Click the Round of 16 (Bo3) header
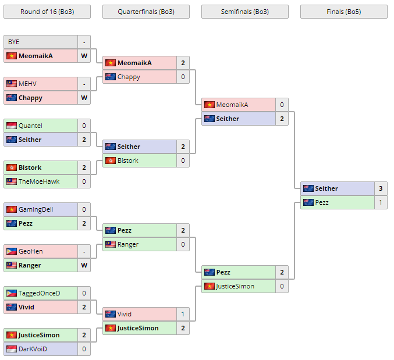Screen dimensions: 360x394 tap(47, 12)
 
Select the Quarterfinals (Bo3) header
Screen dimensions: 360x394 tap(145, 12)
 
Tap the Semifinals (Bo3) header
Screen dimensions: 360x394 tap(244, 12)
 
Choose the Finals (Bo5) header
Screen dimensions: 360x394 tap(343, 12)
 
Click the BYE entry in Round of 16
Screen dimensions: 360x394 tap(13, 42)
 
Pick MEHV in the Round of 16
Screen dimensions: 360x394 tap(27, 84)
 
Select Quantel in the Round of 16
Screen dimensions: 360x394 tap(30, 126)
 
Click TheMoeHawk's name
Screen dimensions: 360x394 tap(39, 181)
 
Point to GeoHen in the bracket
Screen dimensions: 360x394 tap(30, 251)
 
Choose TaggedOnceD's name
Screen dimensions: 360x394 tap(39, 293)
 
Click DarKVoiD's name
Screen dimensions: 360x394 tap(33, 349)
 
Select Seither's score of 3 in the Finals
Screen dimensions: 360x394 tap(381, 188)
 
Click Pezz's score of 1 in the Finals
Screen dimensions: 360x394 tap(381, 202)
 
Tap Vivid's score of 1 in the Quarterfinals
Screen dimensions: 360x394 tap(183, 314)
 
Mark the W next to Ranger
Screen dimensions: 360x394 tap(84, 265)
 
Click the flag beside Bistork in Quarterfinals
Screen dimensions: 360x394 tap(111, 161)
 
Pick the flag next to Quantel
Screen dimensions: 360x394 tap(12, 126)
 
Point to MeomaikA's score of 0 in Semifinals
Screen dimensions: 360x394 tap(282, 105)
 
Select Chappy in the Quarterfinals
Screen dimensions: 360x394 tap(129, 77)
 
